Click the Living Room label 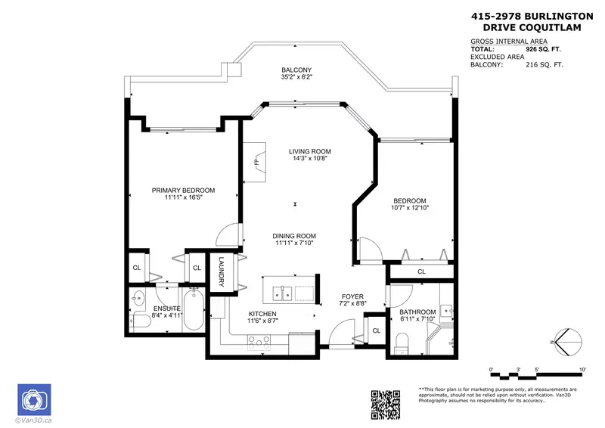tap(310, 151)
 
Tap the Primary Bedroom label tap(183, 191)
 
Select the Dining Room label tap(294, 235)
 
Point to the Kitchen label tap(262, 313)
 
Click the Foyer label tap(352, 296)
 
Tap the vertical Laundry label tap(222, 273)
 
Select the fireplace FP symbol tap(257, 162)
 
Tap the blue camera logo tap(33, 399)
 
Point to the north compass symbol tap(569, 341)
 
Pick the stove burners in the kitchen tap(259, 342)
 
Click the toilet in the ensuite tap(138, 322)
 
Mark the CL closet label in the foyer tap(376, 330)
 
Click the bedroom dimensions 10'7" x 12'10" tap(409, 207)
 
